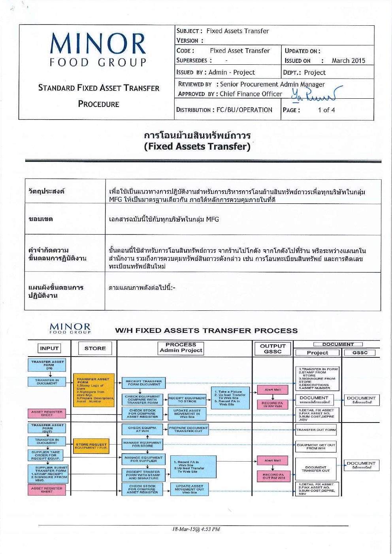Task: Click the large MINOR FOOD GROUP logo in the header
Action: pos(98,49)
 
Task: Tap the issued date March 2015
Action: pos(348,60)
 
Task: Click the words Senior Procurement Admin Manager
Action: pos(272,84)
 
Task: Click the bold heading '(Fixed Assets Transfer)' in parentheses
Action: pos(197,146)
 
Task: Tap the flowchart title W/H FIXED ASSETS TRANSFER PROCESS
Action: pos(206,331)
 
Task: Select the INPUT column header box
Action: pos(49,348)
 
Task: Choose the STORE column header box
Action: pos(95,348)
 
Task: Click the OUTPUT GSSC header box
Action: pos(273,348)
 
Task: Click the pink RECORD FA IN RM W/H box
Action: pos(272,404)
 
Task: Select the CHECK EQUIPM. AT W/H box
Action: pos(143,429)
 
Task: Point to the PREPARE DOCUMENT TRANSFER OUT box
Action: pos(188,429)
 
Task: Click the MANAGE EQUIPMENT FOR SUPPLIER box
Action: pos(143,459)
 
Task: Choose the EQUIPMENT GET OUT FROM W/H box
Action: pos(316,446)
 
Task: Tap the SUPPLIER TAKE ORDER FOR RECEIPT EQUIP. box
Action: pos(46,455)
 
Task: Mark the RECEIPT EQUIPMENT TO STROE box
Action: pos(187,400)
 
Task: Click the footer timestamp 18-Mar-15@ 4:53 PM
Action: pos(196,529)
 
